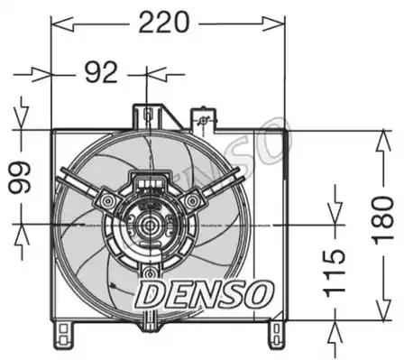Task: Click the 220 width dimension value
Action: point(164,23)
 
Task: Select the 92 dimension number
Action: point(101,72)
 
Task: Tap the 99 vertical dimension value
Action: point(20,178)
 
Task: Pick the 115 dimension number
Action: point(334,273)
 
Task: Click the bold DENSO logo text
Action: point(205,294)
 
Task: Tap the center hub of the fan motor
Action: point(149,225)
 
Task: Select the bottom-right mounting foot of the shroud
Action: point(277,334)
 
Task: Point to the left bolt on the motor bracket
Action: point(106,200)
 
